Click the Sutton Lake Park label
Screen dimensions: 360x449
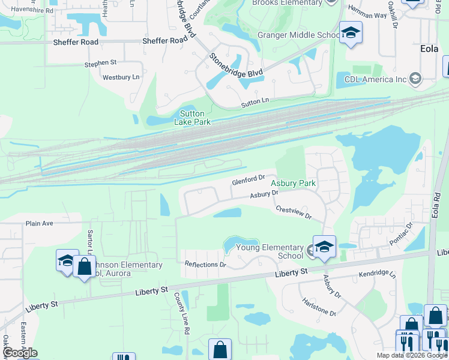pos(192,118)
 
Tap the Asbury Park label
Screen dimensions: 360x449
pos(294,183)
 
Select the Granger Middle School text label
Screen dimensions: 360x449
pos(298,35)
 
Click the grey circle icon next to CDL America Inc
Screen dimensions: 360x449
pos(415,78)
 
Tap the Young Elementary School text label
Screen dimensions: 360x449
pos(270,251)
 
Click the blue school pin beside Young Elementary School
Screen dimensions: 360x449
pos(324,247)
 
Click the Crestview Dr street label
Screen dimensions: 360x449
pos(294,212)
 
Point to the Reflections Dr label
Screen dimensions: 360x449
pos(205,264)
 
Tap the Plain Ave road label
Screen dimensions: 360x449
pos(40,223)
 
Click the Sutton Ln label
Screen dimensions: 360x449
pos(256,103)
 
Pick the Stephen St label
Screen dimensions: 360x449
pos(100,62)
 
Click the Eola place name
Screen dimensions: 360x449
pos(429,49)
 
